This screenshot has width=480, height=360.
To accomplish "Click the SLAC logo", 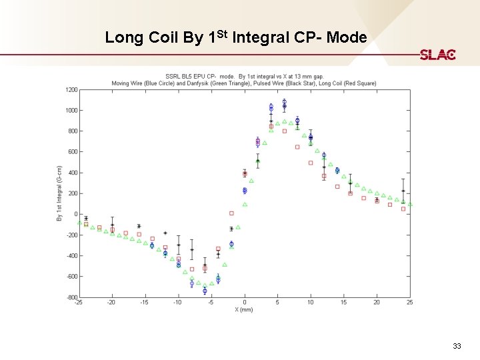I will [437, 55].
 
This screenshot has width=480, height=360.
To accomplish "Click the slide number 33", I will [456, 346].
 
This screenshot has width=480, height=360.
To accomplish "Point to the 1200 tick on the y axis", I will [71, 89].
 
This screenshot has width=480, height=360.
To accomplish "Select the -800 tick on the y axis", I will [71, 297].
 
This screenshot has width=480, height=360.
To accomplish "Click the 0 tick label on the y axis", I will [75, 214].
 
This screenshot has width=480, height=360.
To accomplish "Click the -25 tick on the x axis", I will [79, 303].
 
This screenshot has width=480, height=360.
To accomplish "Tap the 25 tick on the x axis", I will [409, 303].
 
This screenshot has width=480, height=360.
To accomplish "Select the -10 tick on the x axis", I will [178, 303].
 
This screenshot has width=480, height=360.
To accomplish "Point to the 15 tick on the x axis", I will [343, 303].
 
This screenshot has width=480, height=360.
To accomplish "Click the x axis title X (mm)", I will [244, 310].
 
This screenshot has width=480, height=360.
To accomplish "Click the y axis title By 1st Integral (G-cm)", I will [59, 193].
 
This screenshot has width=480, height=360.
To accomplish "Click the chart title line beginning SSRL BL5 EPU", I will [244, 77].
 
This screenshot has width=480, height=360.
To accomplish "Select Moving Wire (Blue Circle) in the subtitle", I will [145, 83].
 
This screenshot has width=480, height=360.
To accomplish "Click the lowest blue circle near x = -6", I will [205, 291].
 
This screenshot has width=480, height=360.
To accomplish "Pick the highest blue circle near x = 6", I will [284, 102].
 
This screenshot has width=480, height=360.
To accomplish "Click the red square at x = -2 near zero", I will [231, 213].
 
